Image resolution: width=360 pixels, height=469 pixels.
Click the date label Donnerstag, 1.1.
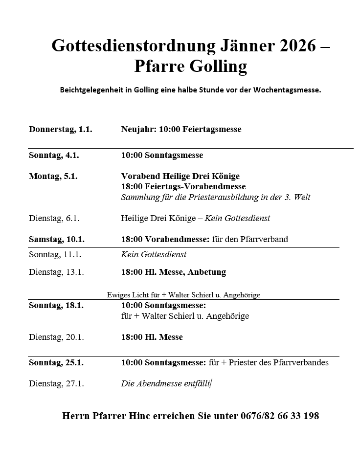[x=60, y=130]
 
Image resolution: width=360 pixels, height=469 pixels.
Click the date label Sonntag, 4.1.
[x=54, y=156]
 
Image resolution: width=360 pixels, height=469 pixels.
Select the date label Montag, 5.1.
[x=53, y=176]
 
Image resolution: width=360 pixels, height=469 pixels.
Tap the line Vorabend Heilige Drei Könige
[x=180, y=176]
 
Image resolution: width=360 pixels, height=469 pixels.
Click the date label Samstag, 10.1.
[x=56, y=240]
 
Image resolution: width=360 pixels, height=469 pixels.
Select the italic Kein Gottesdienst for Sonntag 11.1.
[x=154, y=254]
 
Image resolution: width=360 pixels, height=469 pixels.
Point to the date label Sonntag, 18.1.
[x=56, y=305]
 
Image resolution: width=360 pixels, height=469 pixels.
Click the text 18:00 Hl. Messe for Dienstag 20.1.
[x=152, y=337]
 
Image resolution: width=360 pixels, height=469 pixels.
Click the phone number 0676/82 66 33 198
[x=279, y=416]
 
